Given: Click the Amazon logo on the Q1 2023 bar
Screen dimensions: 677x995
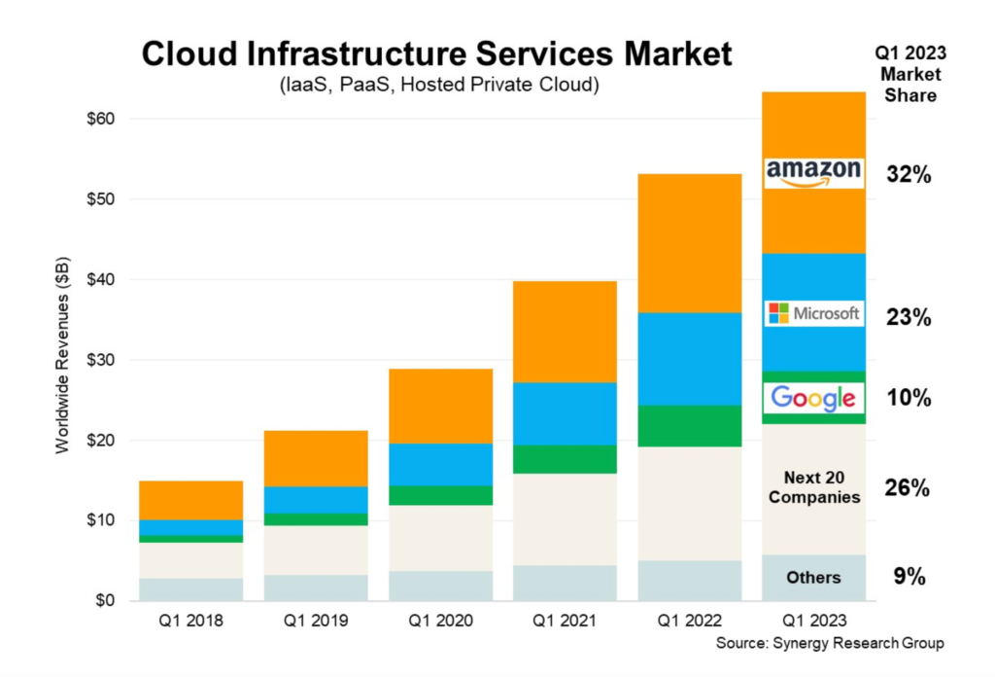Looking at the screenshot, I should [x=813, y=173].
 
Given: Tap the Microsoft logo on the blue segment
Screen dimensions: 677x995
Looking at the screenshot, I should [x=813, y=313].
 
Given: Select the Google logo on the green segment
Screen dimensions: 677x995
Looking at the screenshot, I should [x=813, y=397].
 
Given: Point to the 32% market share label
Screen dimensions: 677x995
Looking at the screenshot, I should [x=909, y=175].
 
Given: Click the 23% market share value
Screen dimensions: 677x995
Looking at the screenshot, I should [x=909, y=317].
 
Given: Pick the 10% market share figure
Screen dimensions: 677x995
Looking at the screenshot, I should [x=909, y=398].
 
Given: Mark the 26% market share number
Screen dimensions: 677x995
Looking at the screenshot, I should [x=909, y=488].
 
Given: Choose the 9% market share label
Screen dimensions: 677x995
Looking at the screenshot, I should [x=909, y=577].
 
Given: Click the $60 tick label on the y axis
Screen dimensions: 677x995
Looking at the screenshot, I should [x=99, y=120].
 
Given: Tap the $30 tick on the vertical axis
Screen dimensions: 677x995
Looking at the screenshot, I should [x=99, y=360].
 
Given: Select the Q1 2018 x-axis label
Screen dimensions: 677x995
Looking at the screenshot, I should [x=190, y=621].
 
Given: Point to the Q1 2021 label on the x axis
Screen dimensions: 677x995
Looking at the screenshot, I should [x=564, y=621].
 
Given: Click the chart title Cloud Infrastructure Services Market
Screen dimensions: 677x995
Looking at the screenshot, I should [x=436, y=54].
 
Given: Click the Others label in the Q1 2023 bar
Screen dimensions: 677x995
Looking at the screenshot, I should [x=813, y=578].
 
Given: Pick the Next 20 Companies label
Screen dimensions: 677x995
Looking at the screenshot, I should [x=813, y=487].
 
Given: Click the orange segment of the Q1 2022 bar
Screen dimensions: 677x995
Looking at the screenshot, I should [x=688, y=243].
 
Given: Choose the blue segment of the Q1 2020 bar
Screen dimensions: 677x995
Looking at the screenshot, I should [x=439, y=464].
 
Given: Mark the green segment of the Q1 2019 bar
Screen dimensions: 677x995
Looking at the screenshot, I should [x=315, y=519].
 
